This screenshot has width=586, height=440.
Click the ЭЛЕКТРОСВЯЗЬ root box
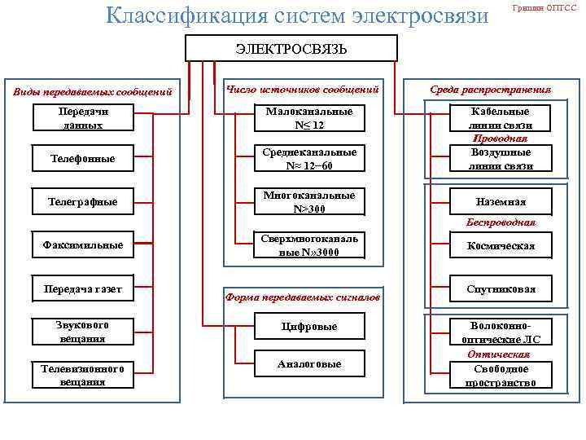[291, 49]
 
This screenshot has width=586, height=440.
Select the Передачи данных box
[83, 118]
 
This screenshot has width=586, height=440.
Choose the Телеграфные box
[83, 200]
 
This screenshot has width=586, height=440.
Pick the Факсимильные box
[83, 244]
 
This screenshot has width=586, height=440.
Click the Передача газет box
[83, 288]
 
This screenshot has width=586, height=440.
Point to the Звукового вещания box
[83, 331]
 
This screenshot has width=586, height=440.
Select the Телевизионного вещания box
[83, 375]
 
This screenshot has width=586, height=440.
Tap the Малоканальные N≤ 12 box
[308, 118]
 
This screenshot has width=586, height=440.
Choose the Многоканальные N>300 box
[308, 202]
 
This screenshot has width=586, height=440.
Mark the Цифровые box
[308, 327]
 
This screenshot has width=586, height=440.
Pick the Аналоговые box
[308, 364]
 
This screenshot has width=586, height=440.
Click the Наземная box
[501, 201]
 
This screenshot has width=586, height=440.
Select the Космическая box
[501, 245]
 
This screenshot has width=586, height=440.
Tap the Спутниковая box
[501, 289]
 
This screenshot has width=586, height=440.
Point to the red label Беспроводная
[501, 222]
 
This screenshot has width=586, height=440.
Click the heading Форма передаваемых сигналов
[302, 297]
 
